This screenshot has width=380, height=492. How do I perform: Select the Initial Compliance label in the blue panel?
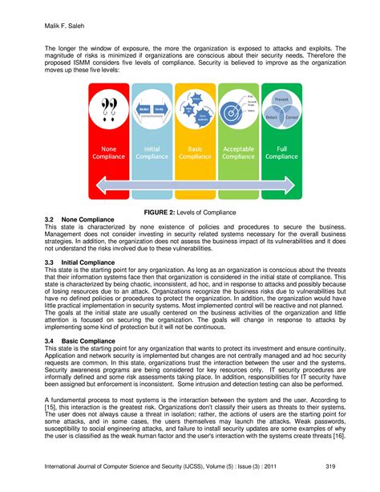click(152, 152)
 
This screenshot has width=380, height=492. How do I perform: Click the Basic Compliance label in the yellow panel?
click(195, 152)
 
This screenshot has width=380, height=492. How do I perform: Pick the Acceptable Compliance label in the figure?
click(237, 152)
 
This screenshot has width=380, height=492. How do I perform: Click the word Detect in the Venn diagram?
click(271, 117)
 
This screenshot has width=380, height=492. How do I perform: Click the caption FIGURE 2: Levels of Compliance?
click(190, 212)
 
